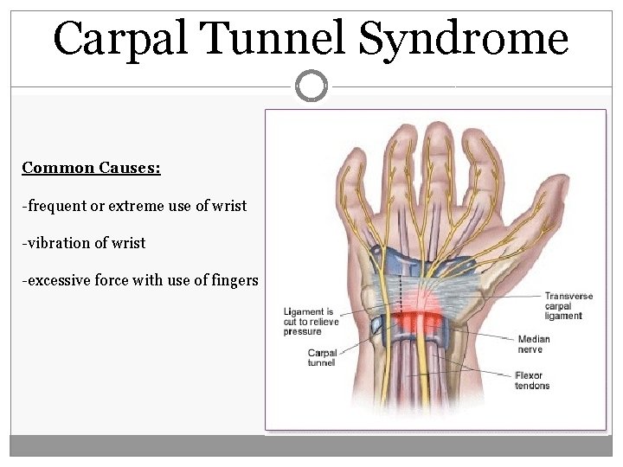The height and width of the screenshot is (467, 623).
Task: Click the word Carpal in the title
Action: click(118, 39)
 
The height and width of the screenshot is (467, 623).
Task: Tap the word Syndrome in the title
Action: click(463, 39)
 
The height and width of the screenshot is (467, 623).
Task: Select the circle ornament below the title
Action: click(311, 86)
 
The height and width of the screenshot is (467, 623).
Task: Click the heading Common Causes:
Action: click(92, 168)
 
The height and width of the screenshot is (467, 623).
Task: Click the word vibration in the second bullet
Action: click(55, 243)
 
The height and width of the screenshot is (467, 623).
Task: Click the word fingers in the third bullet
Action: click(233, 280)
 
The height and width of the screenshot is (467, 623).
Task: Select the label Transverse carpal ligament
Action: click(568, 306)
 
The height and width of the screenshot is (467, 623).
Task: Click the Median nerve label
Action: click(534, 344)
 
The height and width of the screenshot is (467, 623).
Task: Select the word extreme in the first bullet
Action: click(131, 206)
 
